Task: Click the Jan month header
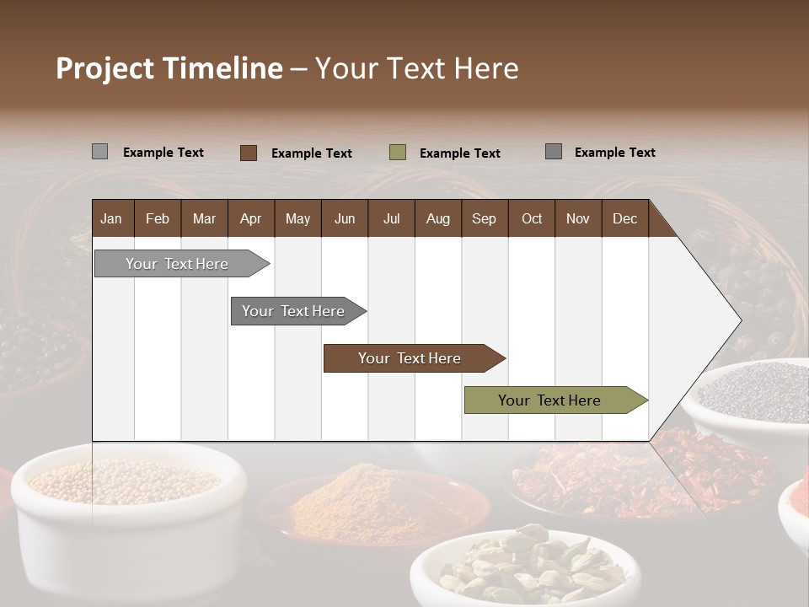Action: pyautogui.click(x=111, y=219)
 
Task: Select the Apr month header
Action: pyautogui.click(x=250, y=219)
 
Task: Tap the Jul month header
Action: pyautogui.click(x=391, y=219)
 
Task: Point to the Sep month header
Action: pyautogui.click(x=484, y=219)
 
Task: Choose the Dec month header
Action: pyautogui.click(x=624, y=219)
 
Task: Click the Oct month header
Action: pyautogui.click(x=532, y=219)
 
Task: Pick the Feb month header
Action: pyautogui.click(x=158, y=219)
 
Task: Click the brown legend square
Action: pyautogui.click(x=249, y=153)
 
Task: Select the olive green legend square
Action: pyautogui.click(x=398, y=153)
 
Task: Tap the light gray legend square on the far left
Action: pyautogui.click(x=100, y=152)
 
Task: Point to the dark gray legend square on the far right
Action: pyautogui.click(x=554, y=152)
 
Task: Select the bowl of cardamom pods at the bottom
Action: pyautogui.click(x=522, y=565)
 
